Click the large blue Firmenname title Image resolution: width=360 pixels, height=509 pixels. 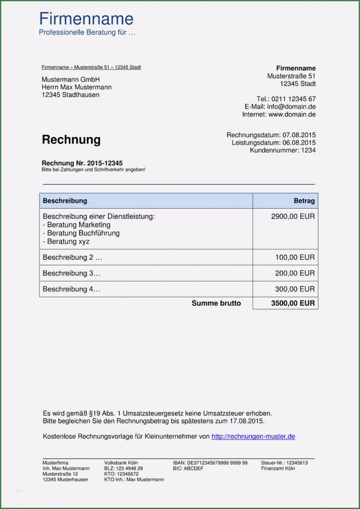click(86, 19)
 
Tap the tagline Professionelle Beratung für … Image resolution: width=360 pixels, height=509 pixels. click(87, 33)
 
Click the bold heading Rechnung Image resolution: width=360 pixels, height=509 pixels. click(71, 140)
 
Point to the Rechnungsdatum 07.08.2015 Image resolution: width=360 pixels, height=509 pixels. click(299, 135)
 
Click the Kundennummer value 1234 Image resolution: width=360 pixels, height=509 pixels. click(308, 150)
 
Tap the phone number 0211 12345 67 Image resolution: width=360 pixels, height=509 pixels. click(294, 99)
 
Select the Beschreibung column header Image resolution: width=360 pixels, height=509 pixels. click(65, 201)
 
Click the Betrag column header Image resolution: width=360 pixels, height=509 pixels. click(304, 201)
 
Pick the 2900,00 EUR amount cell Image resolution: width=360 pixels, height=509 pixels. click(293, 216)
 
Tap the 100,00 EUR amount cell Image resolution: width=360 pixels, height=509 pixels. click(295, 257)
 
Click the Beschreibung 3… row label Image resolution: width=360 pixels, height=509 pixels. click(71, 273)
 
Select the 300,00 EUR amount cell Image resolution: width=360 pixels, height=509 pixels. click(295, 289)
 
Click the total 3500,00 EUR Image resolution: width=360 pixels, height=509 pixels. click(293, 303)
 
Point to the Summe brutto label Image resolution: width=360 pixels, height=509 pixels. click(216, 303)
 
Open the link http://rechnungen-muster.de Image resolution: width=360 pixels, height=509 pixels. click(253, 437)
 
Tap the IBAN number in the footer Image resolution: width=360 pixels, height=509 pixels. click(217, 463)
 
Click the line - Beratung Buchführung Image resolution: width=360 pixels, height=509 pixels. click(81, 233)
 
